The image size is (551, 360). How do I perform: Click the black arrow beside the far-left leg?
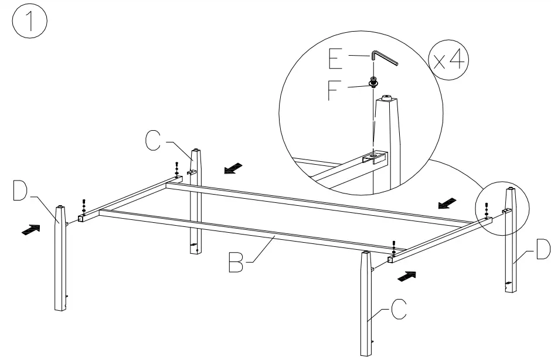[x=32, y=230]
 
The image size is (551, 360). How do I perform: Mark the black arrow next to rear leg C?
[x=233, y=169]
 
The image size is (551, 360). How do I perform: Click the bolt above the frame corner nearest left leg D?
[x=83, y=206]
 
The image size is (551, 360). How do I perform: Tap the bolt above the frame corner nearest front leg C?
[x=393, y=246]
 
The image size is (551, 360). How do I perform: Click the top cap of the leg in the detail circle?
[x=387, y=100]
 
